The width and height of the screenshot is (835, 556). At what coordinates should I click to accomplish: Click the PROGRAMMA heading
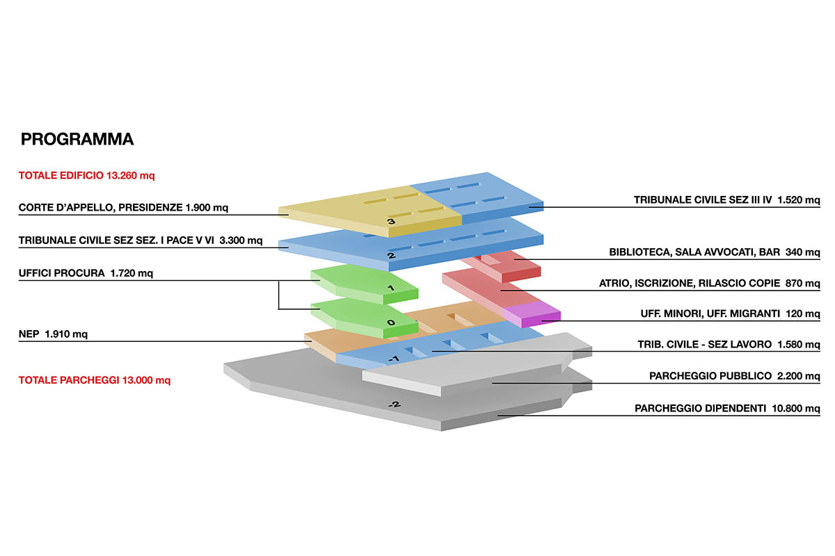[77, 140]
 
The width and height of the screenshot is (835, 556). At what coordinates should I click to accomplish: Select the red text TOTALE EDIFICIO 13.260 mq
[86, 176]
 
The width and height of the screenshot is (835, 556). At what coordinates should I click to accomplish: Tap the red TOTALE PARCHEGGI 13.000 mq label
[94, 380]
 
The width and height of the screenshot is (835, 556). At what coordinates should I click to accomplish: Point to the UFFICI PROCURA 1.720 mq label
[86, 273]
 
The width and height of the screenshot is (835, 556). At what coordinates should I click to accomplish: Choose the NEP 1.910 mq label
[53, 334]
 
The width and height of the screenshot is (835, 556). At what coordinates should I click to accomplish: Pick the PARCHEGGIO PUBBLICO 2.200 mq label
[735, 376]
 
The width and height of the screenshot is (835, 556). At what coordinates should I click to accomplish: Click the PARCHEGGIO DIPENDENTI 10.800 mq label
[727, 409]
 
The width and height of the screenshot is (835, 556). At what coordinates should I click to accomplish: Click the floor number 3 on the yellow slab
[391, 222]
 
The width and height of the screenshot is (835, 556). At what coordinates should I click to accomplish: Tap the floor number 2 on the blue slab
[391, 256]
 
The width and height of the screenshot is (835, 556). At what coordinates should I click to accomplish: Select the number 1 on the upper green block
[391, 288]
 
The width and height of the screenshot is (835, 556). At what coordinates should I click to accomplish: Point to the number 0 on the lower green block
[391, 322]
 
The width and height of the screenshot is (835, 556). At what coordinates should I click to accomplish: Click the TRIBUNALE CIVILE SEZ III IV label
[727, 200]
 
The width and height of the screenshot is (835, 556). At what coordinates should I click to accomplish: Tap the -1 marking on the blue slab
[393, 359]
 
